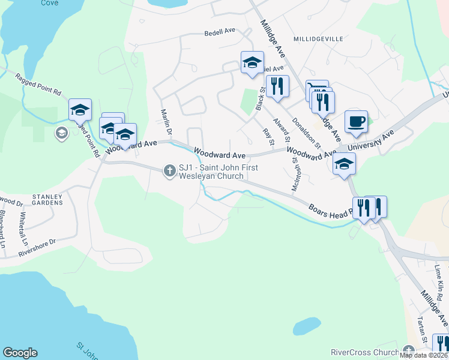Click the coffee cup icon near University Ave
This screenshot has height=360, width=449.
pyautogui.click(x=356, y=121)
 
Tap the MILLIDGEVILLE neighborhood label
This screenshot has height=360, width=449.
pyautogui.click(x=318, y=38)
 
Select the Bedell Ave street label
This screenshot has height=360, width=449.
pyautogui.click(x=220, y=34)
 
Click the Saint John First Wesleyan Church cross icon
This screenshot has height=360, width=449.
pyautogui.click(x=170, y=172)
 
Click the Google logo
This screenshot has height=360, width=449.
pyautogui.click(x=20, y=353)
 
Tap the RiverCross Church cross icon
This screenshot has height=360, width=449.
pyautogui.click(x=409, y=351)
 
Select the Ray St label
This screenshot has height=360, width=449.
pyautogui.click(x=268, y=137)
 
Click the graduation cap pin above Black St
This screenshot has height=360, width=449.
pyautogui.click(x=252, y=62)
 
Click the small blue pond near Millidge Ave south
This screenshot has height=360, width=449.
pyautogui.click(x=306, y=326)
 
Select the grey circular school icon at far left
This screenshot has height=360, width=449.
pyautogui.click(x=61, y=133)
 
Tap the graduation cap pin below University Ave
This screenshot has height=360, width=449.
pyautogui.click(x=345, y=163)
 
